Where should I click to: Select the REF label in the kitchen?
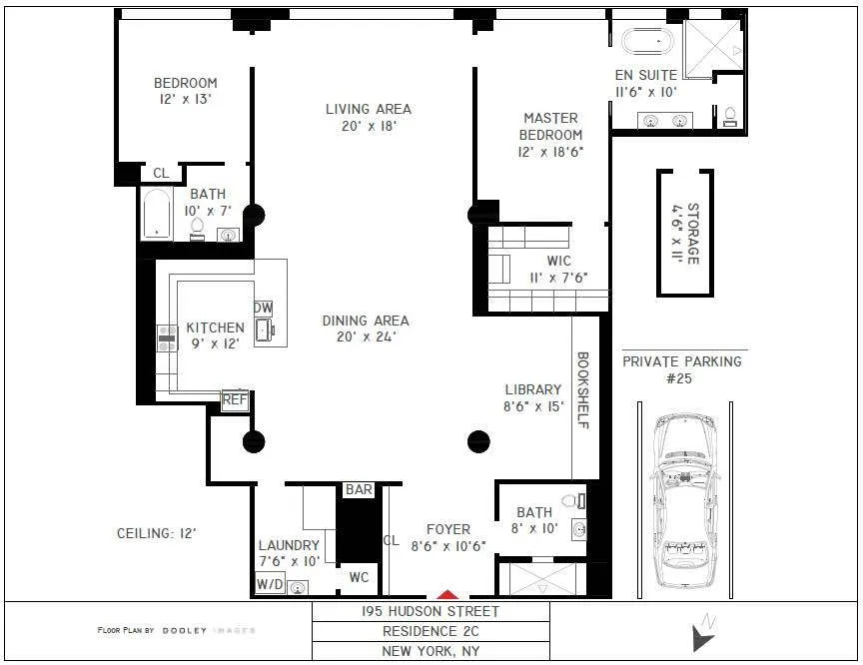click(x=235, y=400)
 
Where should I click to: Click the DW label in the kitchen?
click(x=263, y=308)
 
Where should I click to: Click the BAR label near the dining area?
click(x=358, y=489)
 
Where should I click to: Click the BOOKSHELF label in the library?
click(x=584, y=389)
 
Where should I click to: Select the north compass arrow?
click(x=705, y=631)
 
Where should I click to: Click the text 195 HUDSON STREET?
click(x=431, y=611)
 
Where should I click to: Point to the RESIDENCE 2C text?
click(x=431, y=631)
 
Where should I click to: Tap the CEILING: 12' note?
click(x=157, y=533)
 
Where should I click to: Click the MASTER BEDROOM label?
click(x=550, y=127)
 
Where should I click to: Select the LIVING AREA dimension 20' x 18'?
click(x=369, y=127)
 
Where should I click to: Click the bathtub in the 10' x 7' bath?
click(x=158, y=214)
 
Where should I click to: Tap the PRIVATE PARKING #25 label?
click(x=682, y=369)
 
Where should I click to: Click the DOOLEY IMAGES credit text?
click(x=176, y=630)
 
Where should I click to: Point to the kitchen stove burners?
click(x=166, y=338)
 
